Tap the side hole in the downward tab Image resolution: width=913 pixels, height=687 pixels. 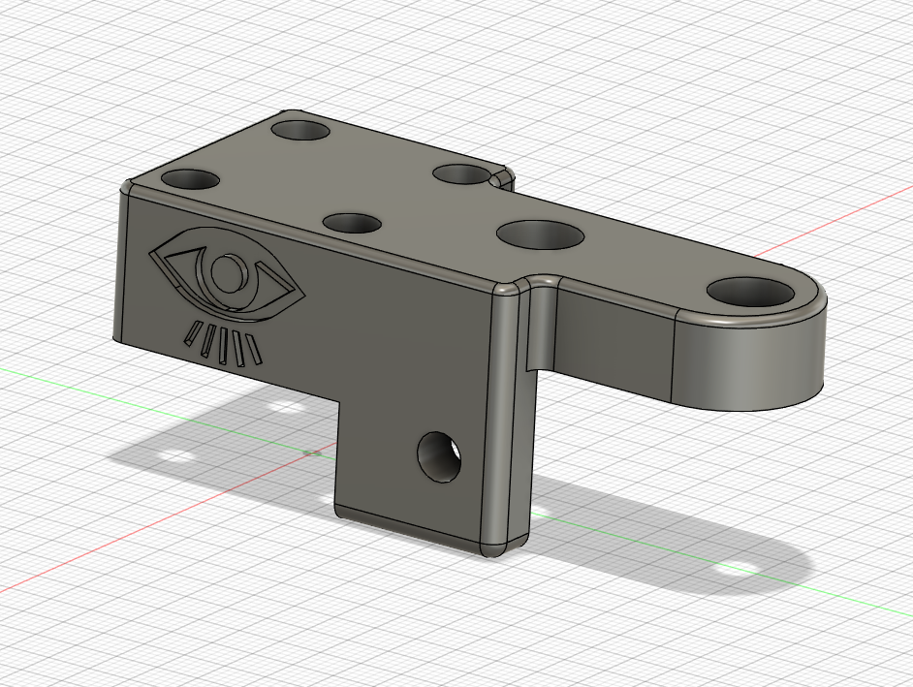click(438, 455)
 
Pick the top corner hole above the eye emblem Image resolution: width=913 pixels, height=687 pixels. click(190, 179)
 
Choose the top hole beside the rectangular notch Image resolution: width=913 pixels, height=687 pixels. click(459, 174)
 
